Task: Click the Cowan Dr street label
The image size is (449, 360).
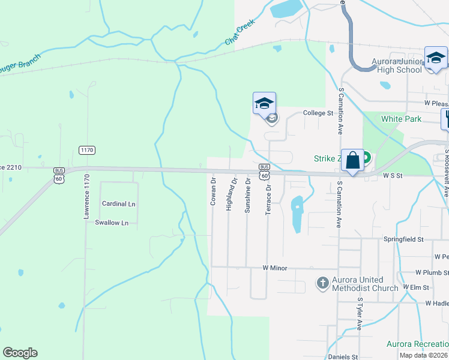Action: (213, 191)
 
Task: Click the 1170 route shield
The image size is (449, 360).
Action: (86, 149)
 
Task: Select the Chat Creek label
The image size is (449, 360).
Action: (240, 32)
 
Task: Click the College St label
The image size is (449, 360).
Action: (318, 113)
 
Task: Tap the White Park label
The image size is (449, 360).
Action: (401, 119)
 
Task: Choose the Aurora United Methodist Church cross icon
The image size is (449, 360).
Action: (322, 283)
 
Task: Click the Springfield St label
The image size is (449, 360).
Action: (403, 239)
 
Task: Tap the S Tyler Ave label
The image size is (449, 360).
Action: (359, 314)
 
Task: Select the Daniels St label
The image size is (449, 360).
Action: (344, 357)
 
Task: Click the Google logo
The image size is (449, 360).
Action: (20, 353)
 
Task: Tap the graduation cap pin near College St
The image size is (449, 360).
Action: (264, 104)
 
